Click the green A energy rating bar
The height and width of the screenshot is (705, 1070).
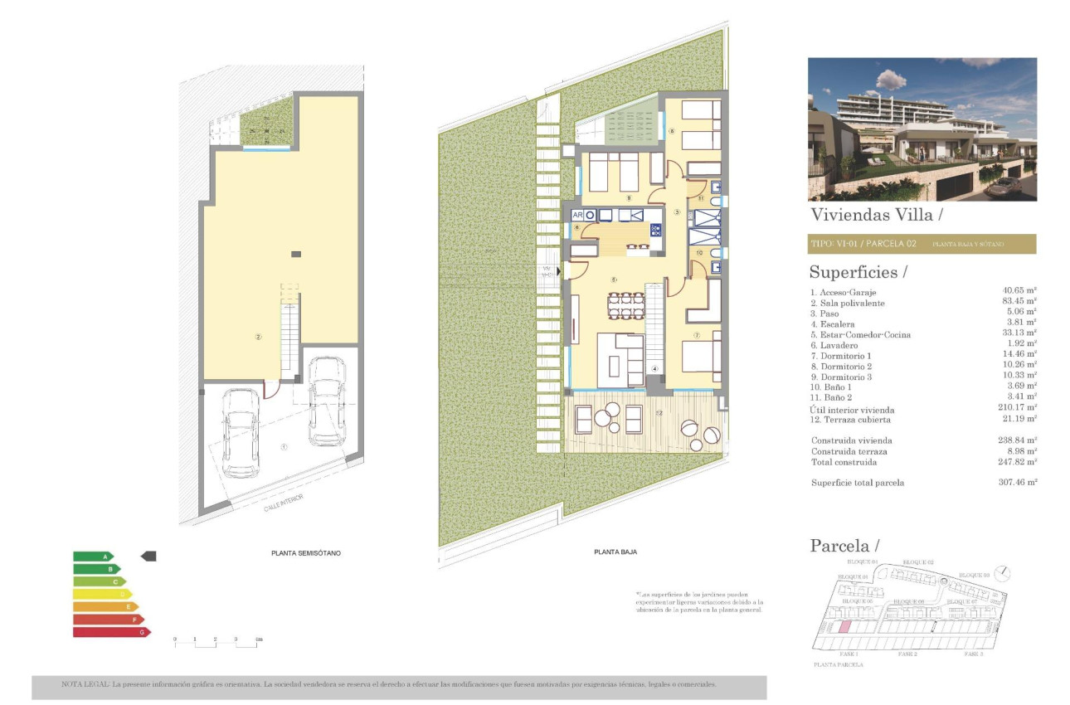[93, 557]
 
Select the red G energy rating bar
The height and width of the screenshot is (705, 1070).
[111, 632]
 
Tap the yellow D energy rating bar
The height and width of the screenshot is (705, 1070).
[102, 594]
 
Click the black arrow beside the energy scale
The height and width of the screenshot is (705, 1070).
[148, 557]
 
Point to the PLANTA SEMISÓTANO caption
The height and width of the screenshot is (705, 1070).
[306, 552]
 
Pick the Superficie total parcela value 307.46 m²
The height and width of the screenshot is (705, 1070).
[1019, 482]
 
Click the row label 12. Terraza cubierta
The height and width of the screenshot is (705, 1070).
[849, 420]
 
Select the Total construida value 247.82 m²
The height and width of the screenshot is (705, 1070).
[1019, 462]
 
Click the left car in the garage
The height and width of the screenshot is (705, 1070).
[241, 432]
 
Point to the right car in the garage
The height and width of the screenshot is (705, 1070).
[327, 401]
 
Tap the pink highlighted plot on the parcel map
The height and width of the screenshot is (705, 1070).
[844, 628]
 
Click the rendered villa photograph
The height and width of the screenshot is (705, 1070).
[922, 129]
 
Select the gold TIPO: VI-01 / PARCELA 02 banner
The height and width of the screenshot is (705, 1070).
[922, 244]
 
